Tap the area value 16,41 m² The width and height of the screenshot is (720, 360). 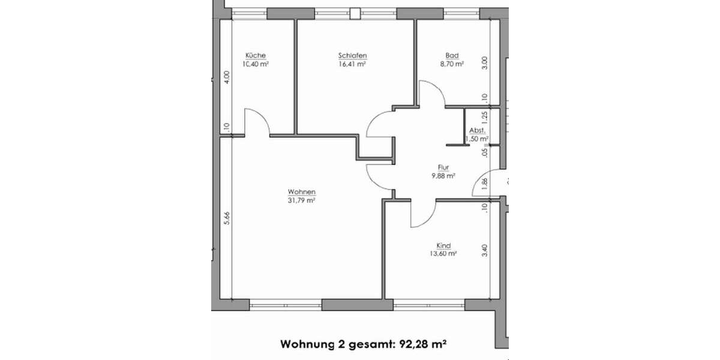pos(352,64)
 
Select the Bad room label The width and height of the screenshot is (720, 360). pos(452,56)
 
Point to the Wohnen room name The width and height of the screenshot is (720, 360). pos(301,192)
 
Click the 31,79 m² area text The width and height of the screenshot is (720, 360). pos(301,200)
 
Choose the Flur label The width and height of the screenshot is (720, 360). pos(443,168)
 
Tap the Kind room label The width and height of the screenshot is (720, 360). pos(444,245)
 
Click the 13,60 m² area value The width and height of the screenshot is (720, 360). pos(444,254)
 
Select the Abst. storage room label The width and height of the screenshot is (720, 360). pos(477,130)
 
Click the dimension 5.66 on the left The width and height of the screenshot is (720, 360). pos(226,219)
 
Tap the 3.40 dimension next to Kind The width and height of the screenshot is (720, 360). pos(485,250)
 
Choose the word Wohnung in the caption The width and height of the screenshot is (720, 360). pos(307,344)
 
